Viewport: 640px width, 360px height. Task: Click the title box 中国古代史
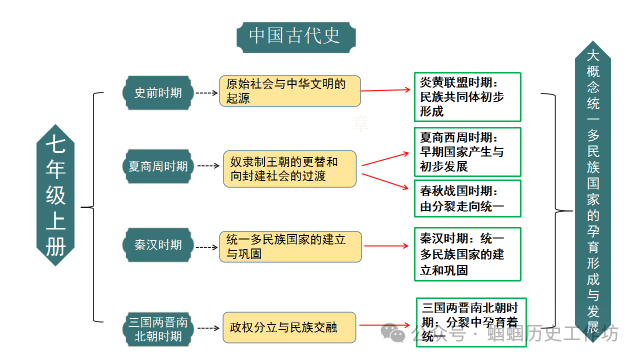click(x=297, y=36)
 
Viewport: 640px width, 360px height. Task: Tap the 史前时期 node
click(x=158, y=92)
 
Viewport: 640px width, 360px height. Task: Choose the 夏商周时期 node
click(x=158, y=166)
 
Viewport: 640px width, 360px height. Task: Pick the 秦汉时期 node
click(x=158, y=245)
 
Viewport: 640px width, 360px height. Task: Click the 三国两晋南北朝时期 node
click(x=158, y=327)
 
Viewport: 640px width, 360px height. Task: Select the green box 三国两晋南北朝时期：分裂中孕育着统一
click(x=471, y=322)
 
